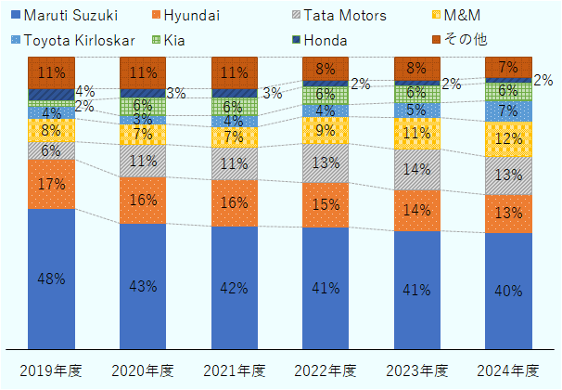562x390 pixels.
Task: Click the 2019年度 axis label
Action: [x=51, y=370]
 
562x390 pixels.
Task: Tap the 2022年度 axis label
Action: [x=326, y=370]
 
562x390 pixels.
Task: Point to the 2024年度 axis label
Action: [x=509, y=370]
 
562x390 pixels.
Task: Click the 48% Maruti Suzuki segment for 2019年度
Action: [x=51, y=279]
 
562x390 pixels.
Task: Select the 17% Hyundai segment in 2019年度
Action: [x=51, y=184]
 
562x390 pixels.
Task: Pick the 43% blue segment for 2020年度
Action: [x=143, y=286]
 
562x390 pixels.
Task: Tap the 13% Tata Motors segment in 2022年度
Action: [x=326, y=163]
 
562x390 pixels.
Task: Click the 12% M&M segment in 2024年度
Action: [x=509, y=139]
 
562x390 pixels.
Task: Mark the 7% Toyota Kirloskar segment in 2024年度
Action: [x=509, y=110]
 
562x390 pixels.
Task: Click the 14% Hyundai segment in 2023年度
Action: [x=417, y=210]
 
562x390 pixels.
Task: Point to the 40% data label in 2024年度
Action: [x=509, y=291]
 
